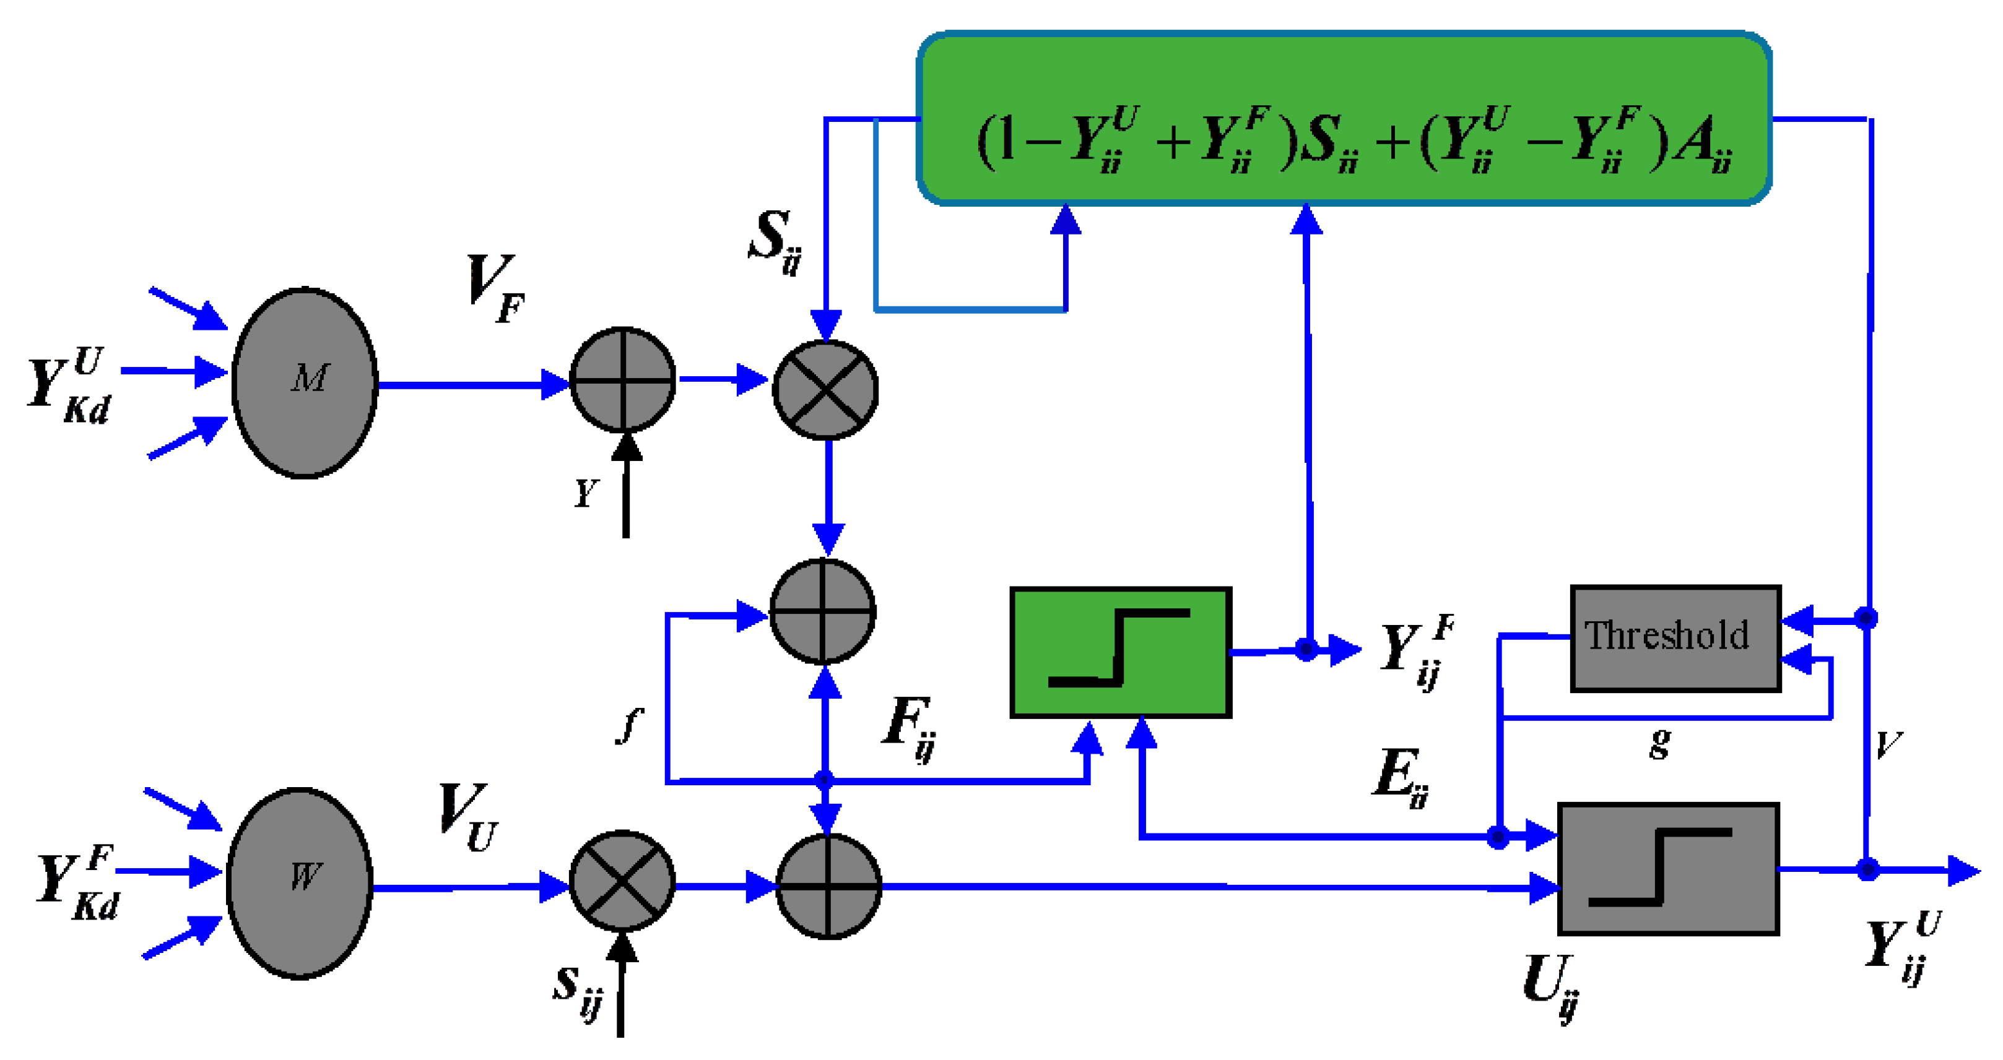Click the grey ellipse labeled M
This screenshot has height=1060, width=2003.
pyautogui.click(x=305, y=382)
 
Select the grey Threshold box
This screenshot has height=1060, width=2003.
pyautogui.click(x=1675, y=638)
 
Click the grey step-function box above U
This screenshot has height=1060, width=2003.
pyautogui.click(x=1669, y=869)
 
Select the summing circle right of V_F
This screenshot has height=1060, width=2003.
pyautogui.click(x=623, y=380)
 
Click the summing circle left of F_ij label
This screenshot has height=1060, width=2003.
pyautogui.click(x=823, y=611)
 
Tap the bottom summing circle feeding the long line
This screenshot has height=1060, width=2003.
pyautogui.click(x=828, y=886)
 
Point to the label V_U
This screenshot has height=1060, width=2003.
pyautogui.click(x=467, y=817)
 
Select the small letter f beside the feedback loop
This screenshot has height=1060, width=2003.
pyautogui.click(x=630, y=726)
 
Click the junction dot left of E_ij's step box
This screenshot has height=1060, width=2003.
pyautogui.click(x=1498, y=837)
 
